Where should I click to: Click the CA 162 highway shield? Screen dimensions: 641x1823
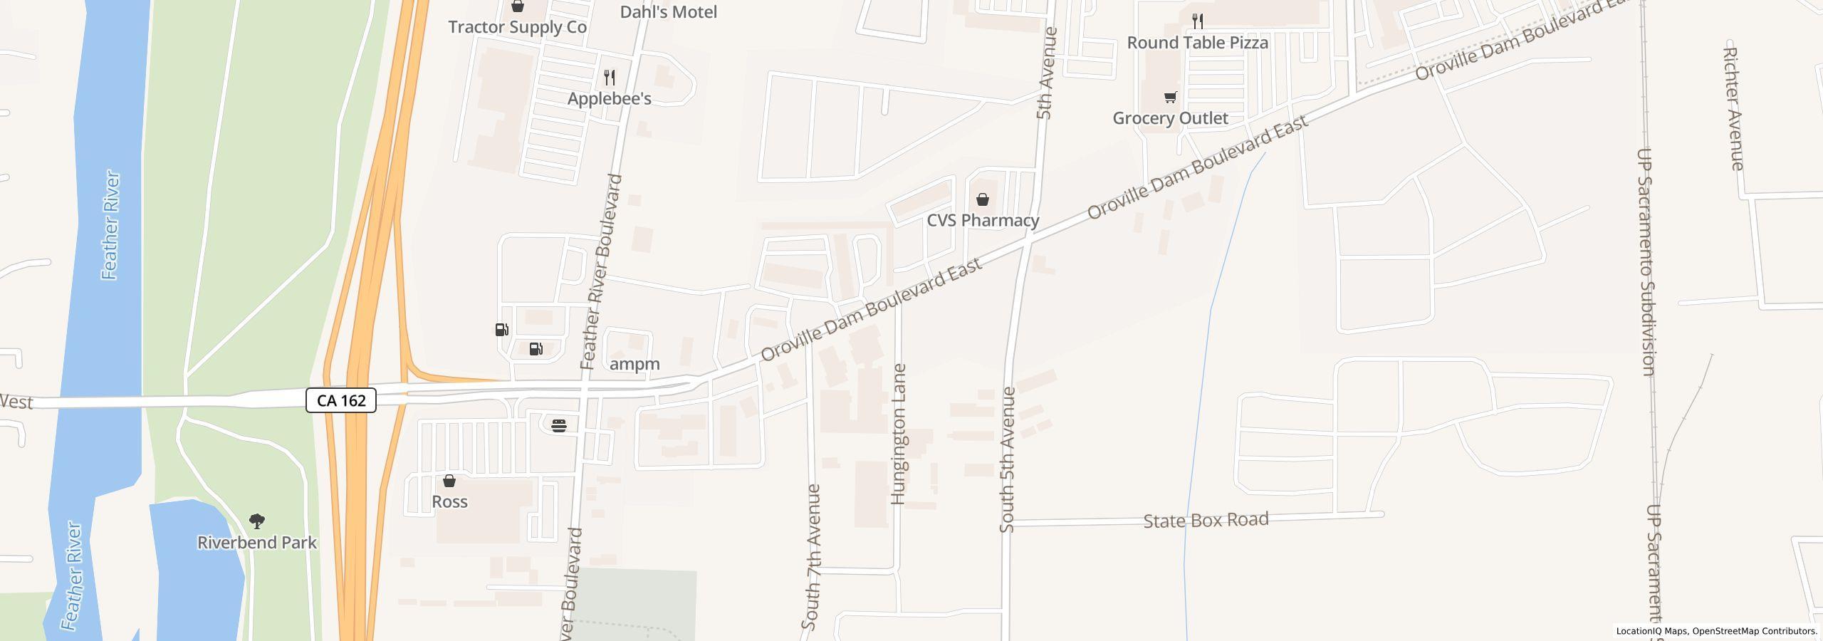coord(341,400)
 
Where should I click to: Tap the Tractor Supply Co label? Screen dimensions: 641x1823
coord(517,27)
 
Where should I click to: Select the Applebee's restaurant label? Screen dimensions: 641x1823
coord(609,98)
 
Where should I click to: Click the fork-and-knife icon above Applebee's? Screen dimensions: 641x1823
coord(610,77)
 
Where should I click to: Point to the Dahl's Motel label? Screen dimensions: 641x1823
coord(668,12)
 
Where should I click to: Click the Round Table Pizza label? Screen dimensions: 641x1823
coord(1197,43)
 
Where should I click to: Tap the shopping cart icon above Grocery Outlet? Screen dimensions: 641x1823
coord(1170,97)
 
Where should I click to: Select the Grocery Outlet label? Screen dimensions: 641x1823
coord(1170,118)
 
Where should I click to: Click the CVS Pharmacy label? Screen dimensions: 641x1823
coord(983,220)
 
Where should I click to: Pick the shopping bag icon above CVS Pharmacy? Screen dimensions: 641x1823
coord(983,199)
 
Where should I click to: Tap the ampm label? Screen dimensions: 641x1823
coord(635,364)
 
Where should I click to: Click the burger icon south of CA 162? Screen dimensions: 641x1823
coord(559,426)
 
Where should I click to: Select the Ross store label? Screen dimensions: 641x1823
coord(449,501)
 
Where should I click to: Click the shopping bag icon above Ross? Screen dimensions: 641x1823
coord(449,481)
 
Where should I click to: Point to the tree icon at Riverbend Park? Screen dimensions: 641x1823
coord(257,521)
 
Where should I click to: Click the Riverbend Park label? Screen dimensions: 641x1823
coord(257,543)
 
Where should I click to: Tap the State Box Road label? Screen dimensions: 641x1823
coord(1206,520)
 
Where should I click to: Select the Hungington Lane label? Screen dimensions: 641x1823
coord(899,434)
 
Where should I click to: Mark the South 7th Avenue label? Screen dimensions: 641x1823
coord(811,557)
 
